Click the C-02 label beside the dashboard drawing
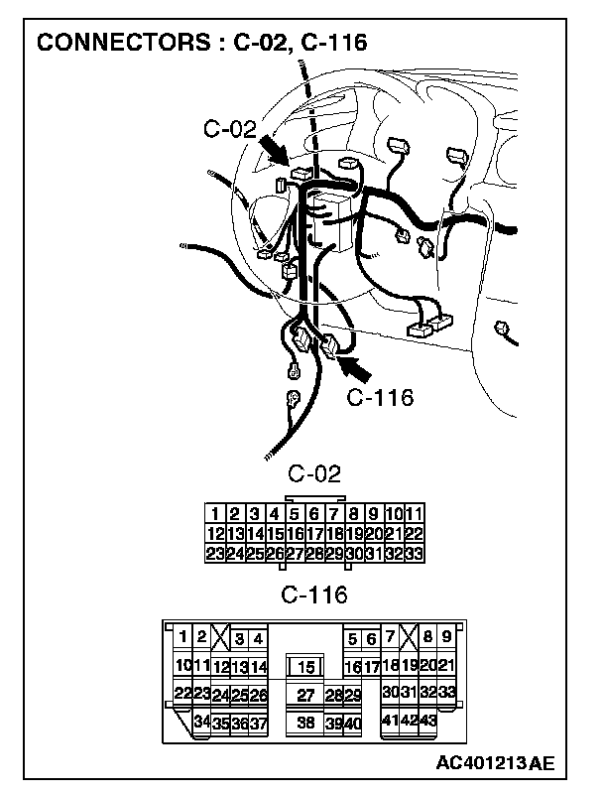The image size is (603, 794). (229, 128)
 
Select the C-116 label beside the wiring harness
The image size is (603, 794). (380, 398)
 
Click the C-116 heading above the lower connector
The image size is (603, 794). (314, 595)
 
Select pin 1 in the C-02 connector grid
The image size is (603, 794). (214, 514)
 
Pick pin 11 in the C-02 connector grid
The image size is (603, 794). (416, 514)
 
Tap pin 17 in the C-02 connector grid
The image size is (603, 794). (314, 533)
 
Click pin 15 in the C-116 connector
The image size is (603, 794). (306, 667)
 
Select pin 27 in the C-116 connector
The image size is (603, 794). (305, 696)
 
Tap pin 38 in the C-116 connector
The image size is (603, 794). (305, 724)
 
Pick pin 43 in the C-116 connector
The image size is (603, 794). (427, 720)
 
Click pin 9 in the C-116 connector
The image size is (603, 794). (446, 637)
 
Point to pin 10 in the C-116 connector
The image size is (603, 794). (182, 665)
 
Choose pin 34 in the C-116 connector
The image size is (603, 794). (201, 722)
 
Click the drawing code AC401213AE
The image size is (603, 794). (494, 763)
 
